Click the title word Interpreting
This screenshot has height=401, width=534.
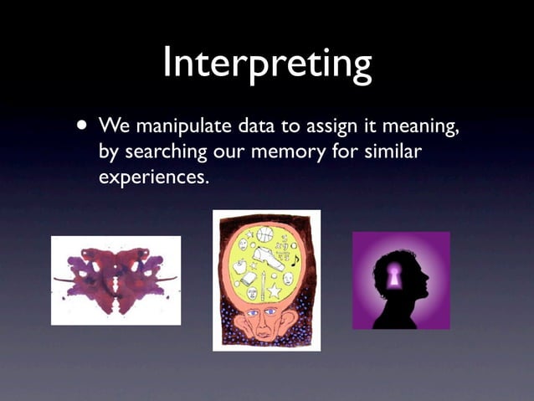(267, 63)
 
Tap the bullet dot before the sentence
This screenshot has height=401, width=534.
(80, 126)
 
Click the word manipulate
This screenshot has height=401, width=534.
(183, 127)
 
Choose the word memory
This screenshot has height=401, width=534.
(295, 154)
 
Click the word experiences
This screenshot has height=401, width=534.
(152, 178)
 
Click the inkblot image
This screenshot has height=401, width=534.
(116, 280)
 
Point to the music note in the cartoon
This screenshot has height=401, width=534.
(295, 262)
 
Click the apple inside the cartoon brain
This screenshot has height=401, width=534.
(239, 266)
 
